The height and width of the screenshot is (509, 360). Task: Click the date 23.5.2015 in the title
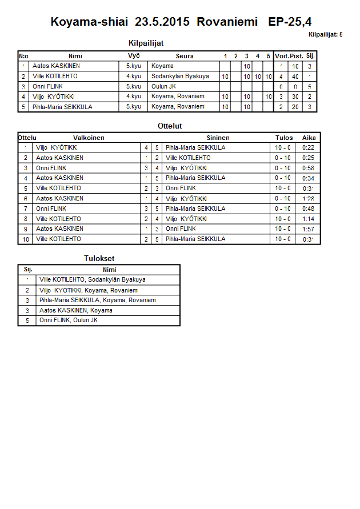tap(163, 22)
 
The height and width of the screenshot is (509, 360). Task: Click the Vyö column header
tap(133, 56)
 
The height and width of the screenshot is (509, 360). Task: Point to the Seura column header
tap(185, 56)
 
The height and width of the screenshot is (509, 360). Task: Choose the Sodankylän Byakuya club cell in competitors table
tap(180, 76)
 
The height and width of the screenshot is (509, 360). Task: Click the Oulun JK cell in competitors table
tap(164, 86)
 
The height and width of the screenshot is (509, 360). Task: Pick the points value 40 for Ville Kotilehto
tap(295, 76)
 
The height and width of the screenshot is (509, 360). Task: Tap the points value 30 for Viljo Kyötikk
tap(295, 97)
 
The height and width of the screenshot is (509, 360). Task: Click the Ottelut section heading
tap(170, 126)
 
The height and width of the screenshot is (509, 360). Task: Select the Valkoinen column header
tap(89, 138)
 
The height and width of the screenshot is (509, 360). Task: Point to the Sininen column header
tap(218, 138)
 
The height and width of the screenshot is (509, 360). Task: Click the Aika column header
tap(309, 138)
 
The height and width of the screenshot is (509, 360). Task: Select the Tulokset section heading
tap(99, 259)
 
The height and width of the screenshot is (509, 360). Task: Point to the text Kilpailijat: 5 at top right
tap(325, 35)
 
